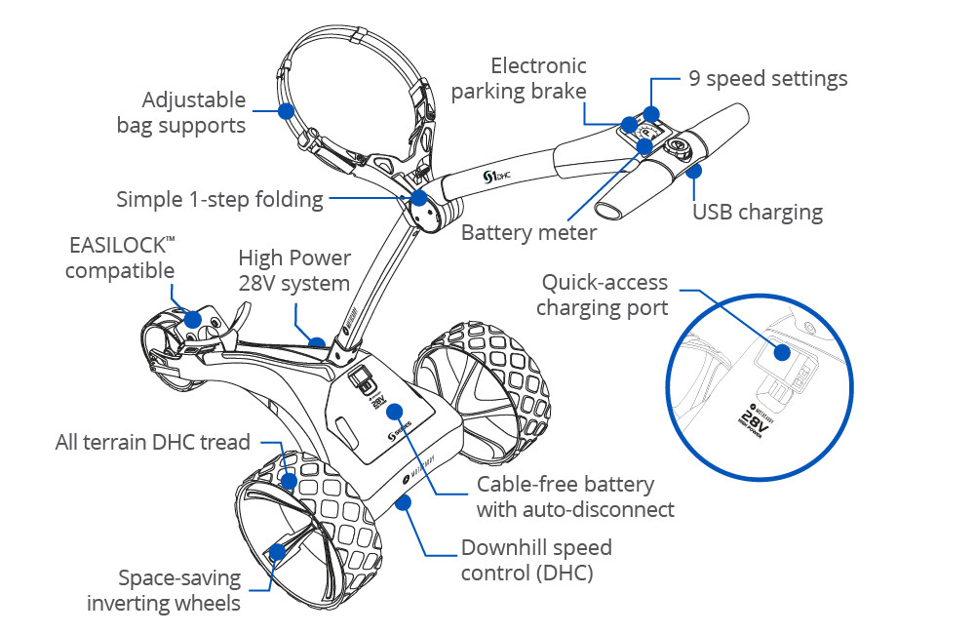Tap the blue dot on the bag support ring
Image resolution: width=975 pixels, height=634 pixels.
pos(286,110)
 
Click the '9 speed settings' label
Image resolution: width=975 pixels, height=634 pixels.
pos(767,79)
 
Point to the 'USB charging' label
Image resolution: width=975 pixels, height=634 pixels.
pos(757,213)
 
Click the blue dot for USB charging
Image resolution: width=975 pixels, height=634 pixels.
pos(693,173)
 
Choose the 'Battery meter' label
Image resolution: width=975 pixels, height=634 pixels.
pos(528,233)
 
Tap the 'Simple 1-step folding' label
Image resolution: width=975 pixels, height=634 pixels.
pos(219,200)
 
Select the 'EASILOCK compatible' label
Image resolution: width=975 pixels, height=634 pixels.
pos(120,257)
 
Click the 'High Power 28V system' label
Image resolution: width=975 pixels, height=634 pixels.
pos(293,271)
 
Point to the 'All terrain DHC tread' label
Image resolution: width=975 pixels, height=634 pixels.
pos(153,442)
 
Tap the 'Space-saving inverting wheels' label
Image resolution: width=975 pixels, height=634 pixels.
pos(164,590)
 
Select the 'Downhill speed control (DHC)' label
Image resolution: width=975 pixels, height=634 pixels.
pos(536,560)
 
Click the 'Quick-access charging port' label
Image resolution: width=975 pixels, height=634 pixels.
pos(604,296)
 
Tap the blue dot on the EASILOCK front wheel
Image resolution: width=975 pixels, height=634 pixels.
pos(192,319)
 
